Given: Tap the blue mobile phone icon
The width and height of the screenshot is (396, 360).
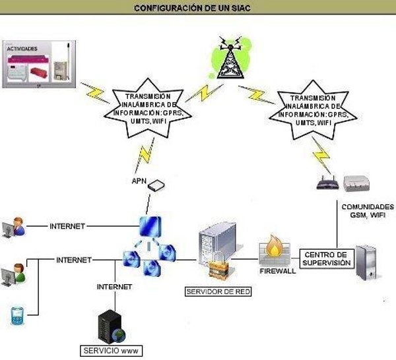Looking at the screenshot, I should tap(16, 315).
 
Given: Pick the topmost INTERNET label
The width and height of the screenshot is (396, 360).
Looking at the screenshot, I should tap(67, 226).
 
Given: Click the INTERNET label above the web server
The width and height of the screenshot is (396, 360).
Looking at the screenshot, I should tap(115, 287).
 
